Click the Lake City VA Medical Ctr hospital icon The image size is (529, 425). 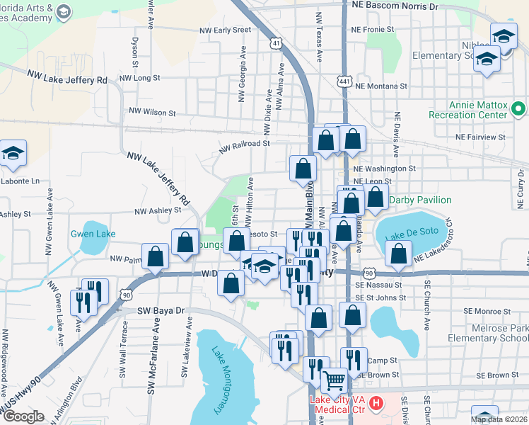[376, 404]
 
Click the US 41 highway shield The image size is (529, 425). [275, 44]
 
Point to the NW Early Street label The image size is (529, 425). [225, 30]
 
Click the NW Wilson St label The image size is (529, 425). [151, 112]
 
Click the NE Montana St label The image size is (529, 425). [383, 86]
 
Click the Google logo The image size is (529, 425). [23, 416]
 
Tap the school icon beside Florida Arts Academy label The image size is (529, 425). [63, 12]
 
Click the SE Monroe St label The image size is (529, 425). [487, 311]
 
